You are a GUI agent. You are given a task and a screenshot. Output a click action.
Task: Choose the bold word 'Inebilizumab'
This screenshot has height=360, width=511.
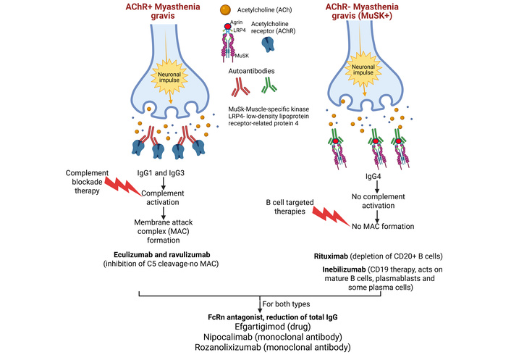[x=334, y=272]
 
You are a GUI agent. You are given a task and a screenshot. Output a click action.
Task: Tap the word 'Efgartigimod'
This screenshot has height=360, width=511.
[x=235, y=325]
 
